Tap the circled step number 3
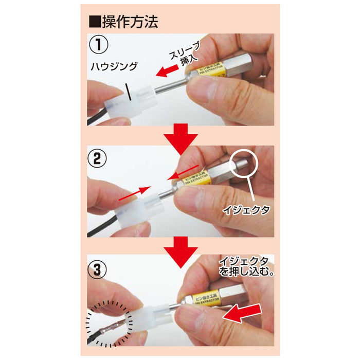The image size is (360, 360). click(x=98, y=268)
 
